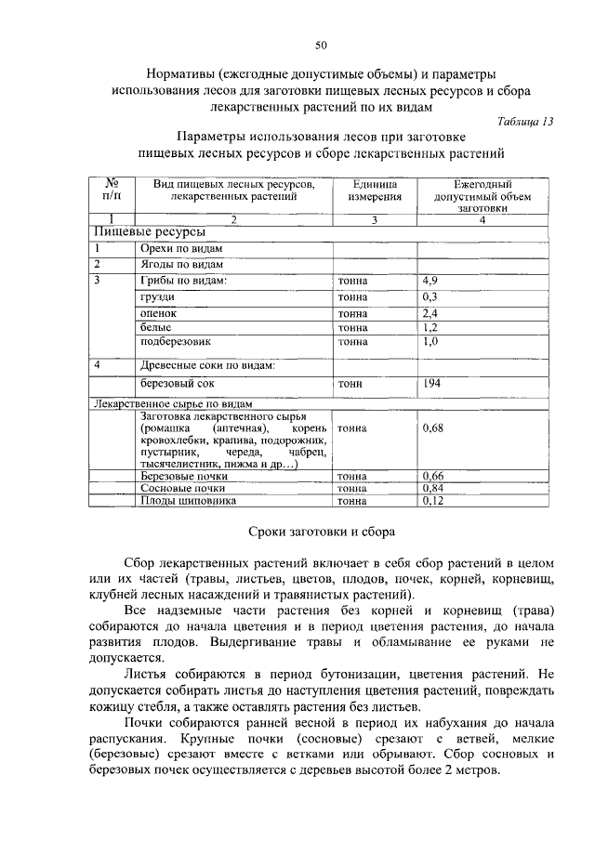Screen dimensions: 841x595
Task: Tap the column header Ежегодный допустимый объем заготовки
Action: (482, 196)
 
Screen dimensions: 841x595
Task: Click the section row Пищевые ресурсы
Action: (137, 232)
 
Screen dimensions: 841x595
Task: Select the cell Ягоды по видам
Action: (181, 264)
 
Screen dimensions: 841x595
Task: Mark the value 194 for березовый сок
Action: (432, 383)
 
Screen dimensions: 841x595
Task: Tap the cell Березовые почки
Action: (184, 476)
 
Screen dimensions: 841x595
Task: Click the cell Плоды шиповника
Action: (188, 500)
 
